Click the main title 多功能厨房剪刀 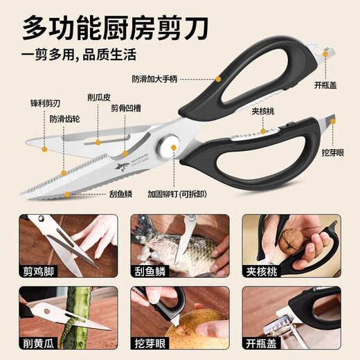(118, 28)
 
